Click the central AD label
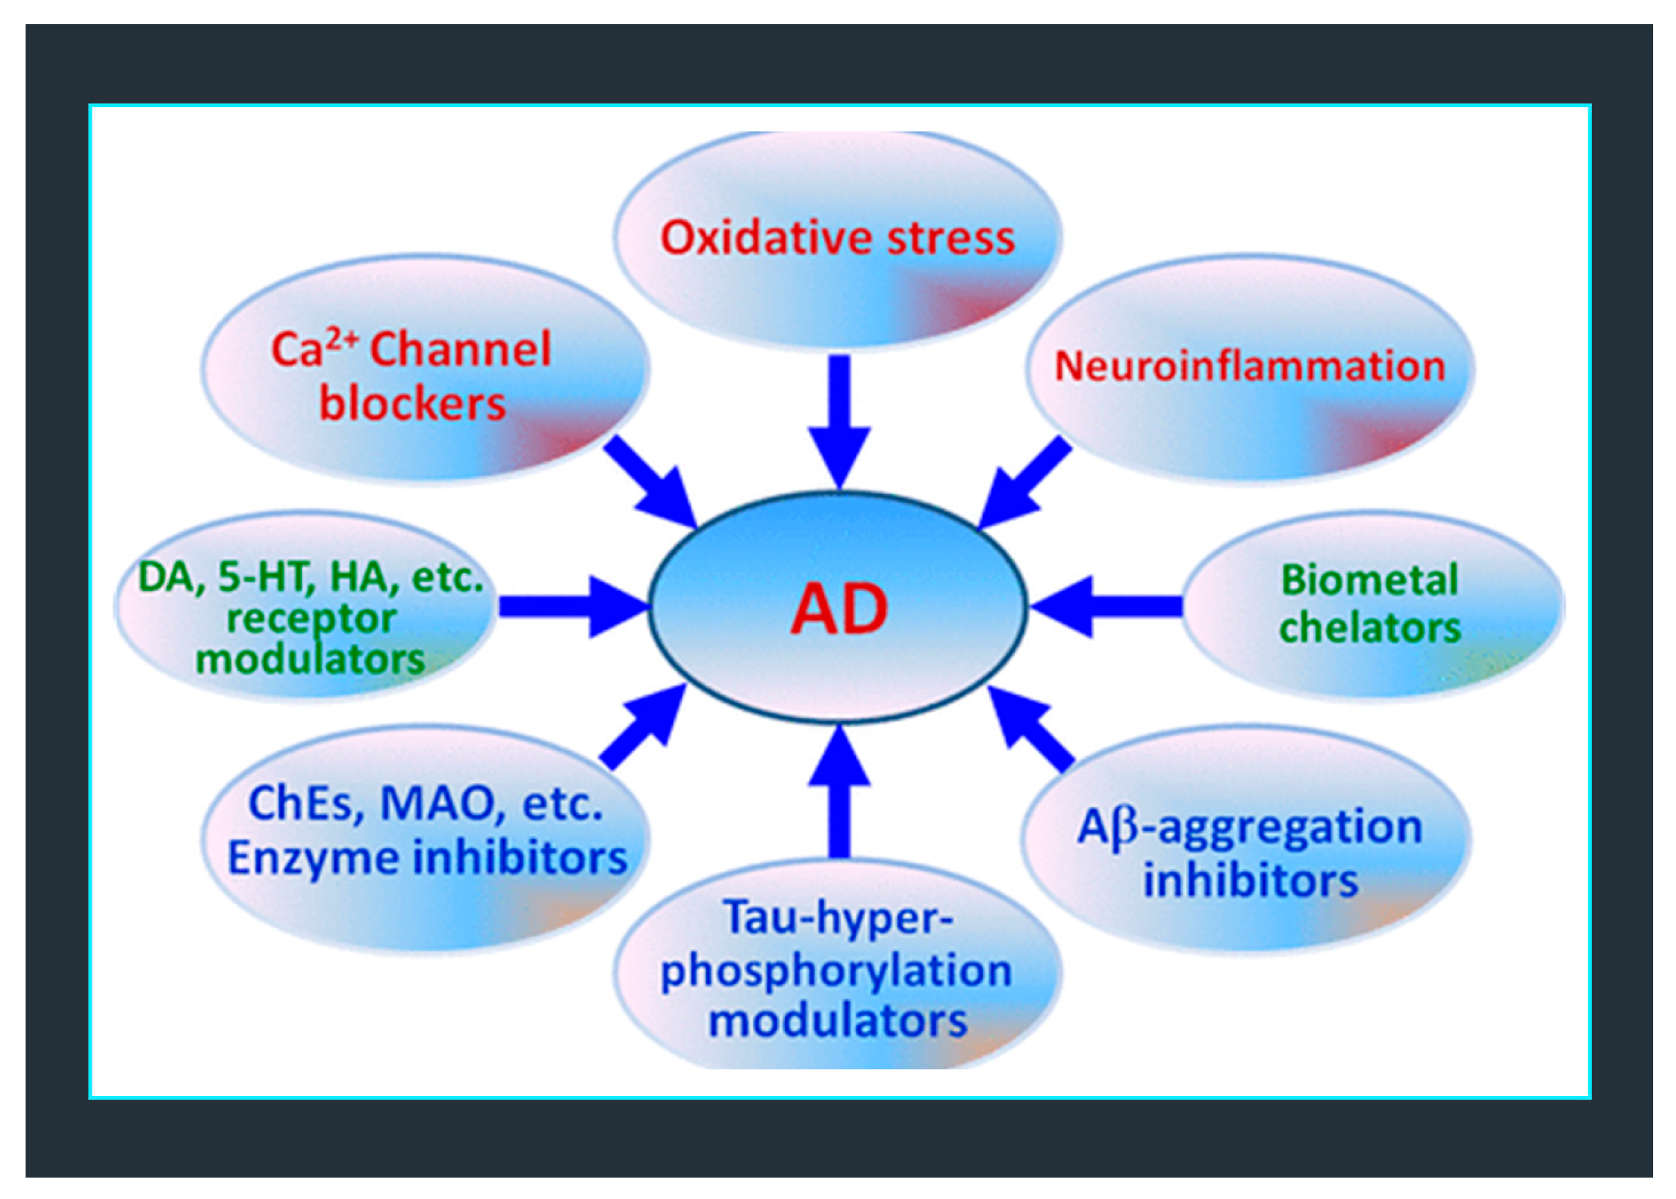[839, 609]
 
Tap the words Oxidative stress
[837, 238]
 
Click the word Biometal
[1369, 580]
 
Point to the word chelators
[1370, 628]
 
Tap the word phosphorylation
[836, 971]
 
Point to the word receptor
[311, 619]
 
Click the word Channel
[460, 349]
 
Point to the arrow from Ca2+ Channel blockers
[650, 480]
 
